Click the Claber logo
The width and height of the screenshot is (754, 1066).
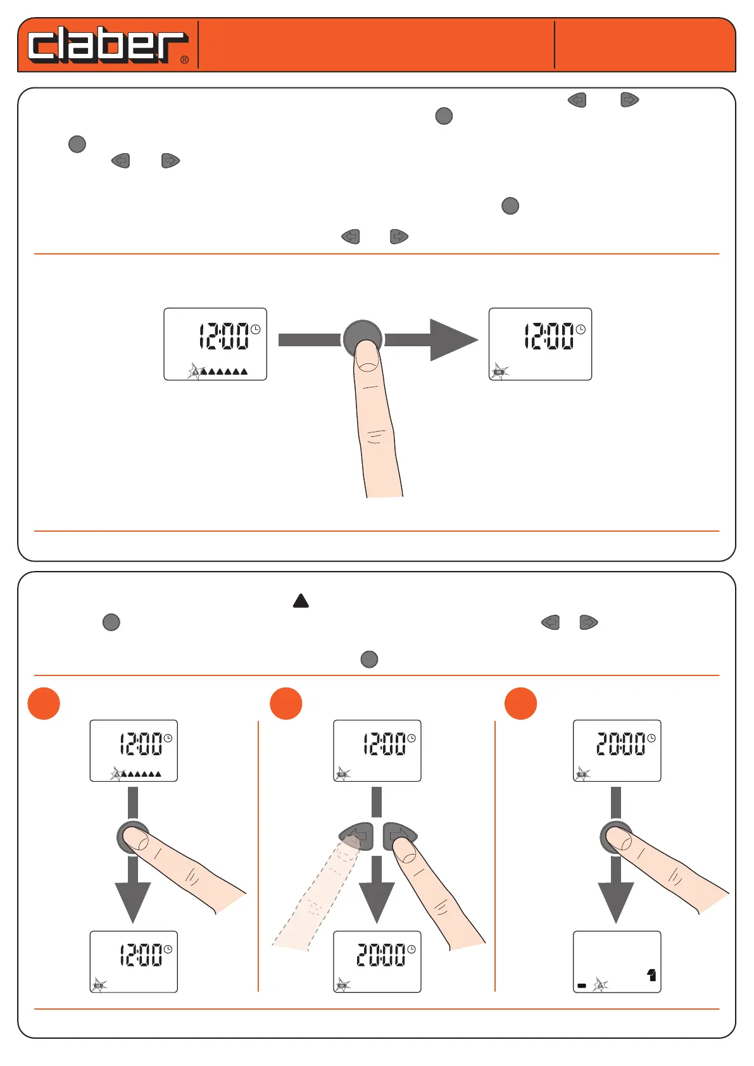106,44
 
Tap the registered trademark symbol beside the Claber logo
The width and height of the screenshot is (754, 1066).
184,60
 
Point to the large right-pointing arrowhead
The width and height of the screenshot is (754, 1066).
452,340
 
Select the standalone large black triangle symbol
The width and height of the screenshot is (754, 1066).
301,601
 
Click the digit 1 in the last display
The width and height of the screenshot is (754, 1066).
651,975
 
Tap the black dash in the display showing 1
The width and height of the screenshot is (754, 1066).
582,986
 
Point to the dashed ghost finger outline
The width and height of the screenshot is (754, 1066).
313,899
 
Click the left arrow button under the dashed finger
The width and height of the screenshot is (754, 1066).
357,836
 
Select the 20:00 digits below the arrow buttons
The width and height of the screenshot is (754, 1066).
381,955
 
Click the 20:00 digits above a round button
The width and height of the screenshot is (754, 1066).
621,744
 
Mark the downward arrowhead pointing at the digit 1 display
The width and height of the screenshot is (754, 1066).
615,901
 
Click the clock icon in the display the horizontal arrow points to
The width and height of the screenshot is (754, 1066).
580,329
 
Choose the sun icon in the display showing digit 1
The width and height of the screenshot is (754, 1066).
600,985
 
